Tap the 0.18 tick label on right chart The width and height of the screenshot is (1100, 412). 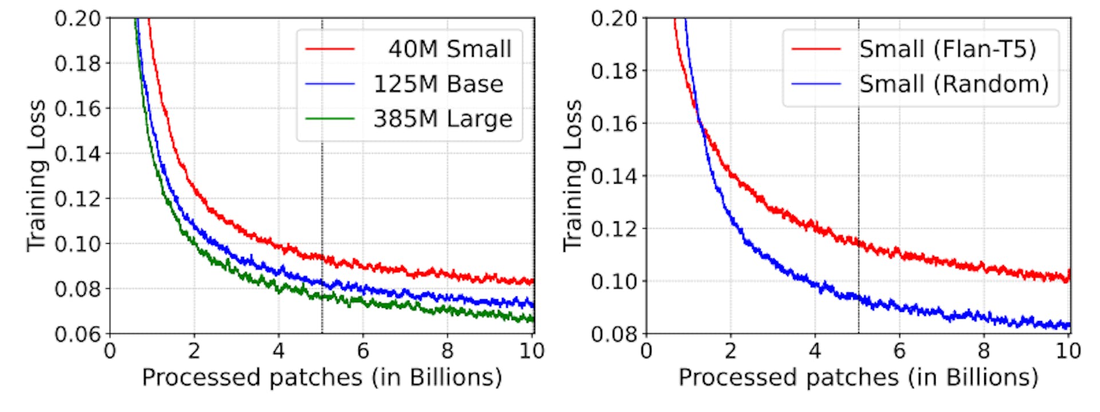(x=614, y=71)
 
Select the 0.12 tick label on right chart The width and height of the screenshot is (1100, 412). (x=614, y=229)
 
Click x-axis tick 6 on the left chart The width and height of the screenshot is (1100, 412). (x=363, y=350)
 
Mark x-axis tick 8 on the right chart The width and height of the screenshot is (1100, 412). (x=984, y=350)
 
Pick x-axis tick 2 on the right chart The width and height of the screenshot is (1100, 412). (x=730, y=350)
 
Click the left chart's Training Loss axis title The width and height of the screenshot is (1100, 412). (x=36, y=176)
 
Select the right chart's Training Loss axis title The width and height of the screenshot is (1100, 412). (x=572, y=176)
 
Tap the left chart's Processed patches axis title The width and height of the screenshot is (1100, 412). (x=321, y=378)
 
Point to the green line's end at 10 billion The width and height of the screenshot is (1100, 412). (x=533, y=319)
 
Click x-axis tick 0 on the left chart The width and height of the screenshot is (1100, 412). (x=110, y=350)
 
